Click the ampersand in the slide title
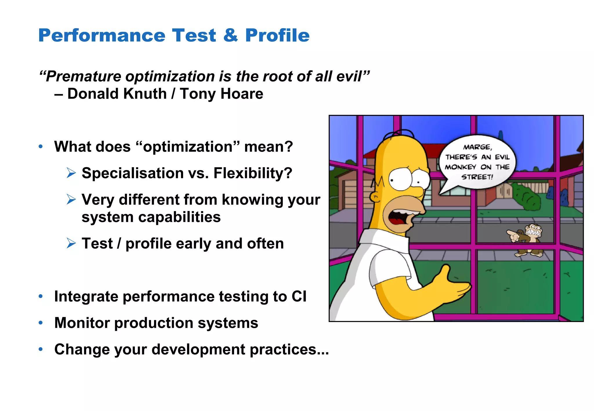point(230,35)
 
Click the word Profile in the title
point(277,35)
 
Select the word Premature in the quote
point(83,77)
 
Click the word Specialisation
point(133,173)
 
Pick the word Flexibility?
point(253,173)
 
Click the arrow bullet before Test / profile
point(71,243)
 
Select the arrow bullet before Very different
point(71,199)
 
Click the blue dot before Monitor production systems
point(41,323)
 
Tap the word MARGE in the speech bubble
point(477,147)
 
